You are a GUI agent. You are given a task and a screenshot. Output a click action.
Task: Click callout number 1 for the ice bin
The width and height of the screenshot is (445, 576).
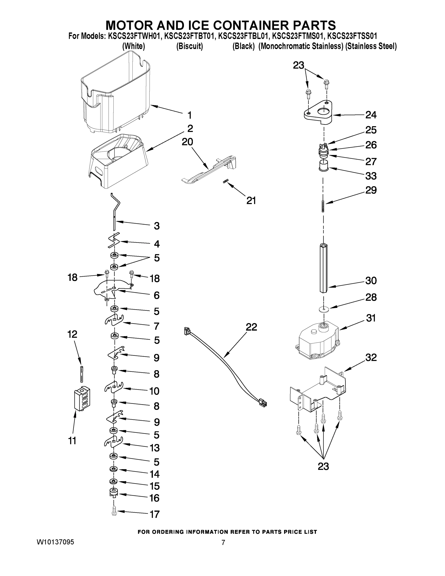[x=189, y=115]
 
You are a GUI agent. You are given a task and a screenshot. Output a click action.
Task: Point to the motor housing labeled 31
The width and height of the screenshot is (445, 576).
[x=316, y=340]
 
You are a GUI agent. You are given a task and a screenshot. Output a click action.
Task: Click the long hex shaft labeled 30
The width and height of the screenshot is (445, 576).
[x=324, y=268]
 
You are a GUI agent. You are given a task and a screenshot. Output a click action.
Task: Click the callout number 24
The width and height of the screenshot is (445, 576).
[x=371, y=115]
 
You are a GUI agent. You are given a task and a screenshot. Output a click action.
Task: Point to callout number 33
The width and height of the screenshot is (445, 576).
[x=371, y=176]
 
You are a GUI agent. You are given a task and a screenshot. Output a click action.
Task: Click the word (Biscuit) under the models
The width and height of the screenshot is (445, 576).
[x=190, y=46]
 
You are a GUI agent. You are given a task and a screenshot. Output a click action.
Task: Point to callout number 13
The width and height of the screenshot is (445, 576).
[x=154, y=448]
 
